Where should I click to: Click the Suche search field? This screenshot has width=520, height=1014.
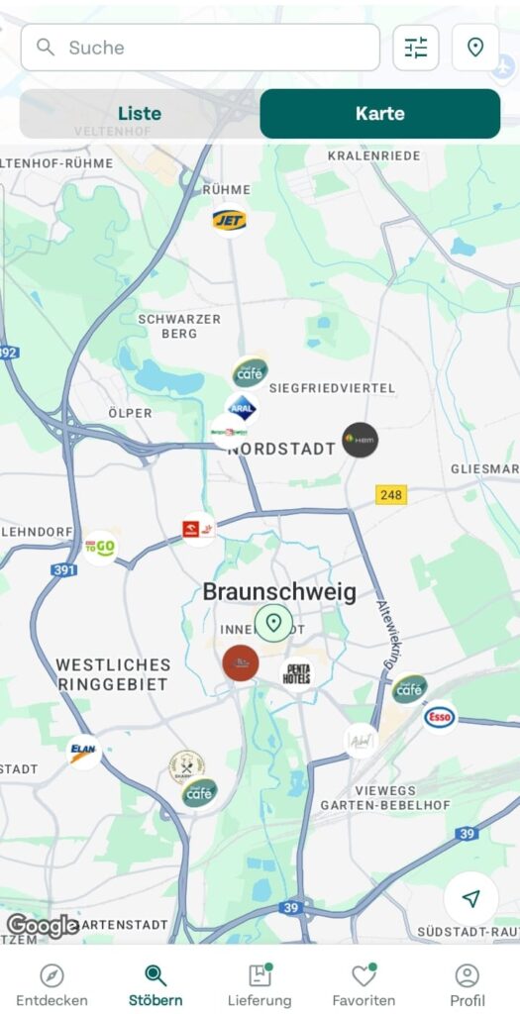tap(199, 48)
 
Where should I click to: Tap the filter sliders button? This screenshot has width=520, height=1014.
tap(416, 48)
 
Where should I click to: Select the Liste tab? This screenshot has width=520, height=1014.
tap(140, 113)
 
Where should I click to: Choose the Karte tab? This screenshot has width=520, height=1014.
tap(379, 113)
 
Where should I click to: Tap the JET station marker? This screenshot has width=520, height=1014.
tap(230, 220)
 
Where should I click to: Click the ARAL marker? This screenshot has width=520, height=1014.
tap(242, 407)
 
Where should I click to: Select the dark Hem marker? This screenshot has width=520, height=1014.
tap(360, 440)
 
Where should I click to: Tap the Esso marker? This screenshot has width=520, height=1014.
tap(439, 717)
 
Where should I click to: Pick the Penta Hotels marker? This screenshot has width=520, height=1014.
tap(297, 674)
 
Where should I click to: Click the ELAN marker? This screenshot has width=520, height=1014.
tap(84, 751)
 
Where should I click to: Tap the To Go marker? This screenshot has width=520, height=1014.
tap(100, 547)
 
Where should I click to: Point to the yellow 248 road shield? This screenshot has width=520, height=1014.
tap(392, 494)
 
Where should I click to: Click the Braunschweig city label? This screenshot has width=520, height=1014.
tap(279, 592)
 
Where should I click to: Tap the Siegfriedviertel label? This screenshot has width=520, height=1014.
tap(332, 388)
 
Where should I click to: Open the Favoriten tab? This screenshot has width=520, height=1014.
tap(364, 984)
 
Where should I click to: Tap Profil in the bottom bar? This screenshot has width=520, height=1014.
tap(467, 984)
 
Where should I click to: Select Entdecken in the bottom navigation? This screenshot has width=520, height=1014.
tap(52, 984)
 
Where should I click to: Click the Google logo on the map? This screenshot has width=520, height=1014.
tap(43, 926)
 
